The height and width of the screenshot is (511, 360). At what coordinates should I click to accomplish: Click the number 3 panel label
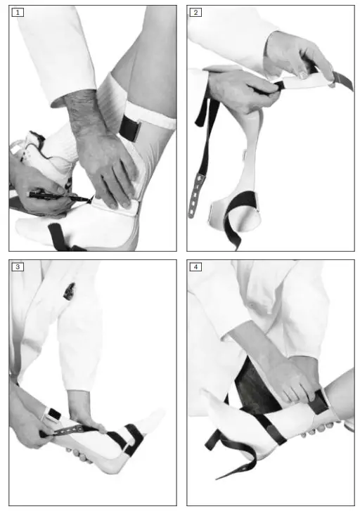click(17, 268)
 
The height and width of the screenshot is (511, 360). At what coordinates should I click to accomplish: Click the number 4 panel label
click(195, 268)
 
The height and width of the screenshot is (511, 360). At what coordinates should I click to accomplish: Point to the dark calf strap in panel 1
click(130, 127)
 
